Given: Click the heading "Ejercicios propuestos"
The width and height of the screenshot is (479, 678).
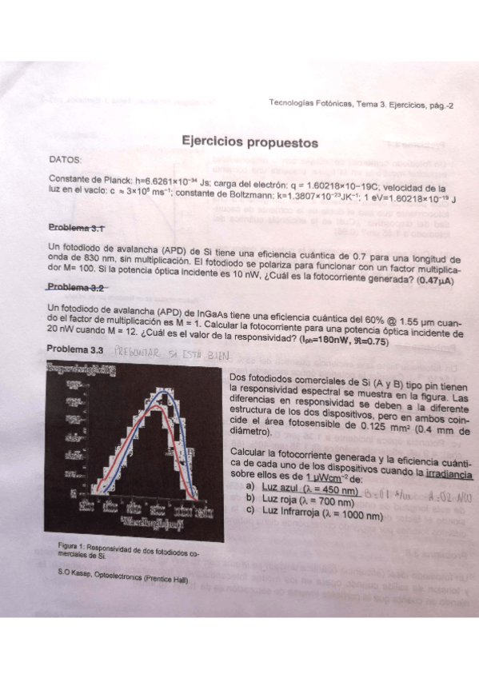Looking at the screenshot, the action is [249, 143].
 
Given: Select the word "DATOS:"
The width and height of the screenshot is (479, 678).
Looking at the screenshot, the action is [66, 160].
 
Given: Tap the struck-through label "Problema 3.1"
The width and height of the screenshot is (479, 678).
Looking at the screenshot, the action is [77, 228].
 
